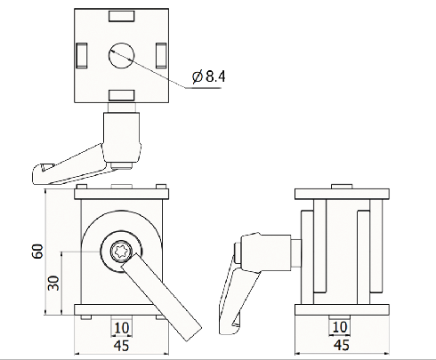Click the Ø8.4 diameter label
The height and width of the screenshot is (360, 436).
click(x=210, y=77)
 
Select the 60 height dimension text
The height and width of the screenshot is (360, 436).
click(x=37, y=252)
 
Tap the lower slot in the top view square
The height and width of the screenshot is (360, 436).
click(x=121, y=95)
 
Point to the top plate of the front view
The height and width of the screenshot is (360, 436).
click(x=121, y=193)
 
